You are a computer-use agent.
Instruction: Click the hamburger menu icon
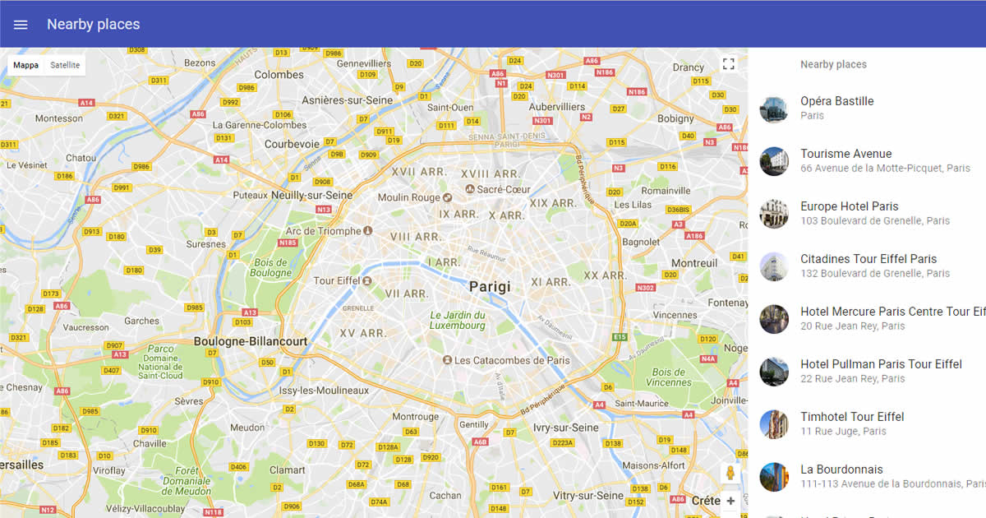click(21, 25)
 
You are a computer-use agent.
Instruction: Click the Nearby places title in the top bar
click(93, 25)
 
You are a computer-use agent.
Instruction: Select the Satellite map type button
click(65, 65)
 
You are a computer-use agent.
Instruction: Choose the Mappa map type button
click(25, 65)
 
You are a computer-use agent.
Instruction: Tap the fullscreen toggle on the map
click(728, 64)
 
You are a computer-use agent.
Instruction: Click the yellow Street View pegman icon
click(729, 474)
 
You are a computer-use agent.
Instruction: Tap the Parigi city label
click(490, 287)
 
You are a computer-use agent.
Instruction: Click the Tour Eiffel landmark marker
click(367, 281)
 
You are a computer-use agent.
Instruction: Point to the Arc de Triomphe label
click(323, 231)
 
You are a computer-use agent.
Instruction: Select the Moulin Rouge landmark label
click(409, 197)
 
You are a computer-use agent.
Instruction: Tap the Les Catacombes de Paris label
click(511, 360)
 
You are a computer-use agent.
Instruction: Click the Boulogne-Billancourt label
click(251, 341)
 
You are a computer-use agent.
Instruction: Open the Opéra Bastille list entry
click(836, 101)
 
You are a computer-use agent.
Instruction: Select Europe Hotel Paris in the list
click(849, 206)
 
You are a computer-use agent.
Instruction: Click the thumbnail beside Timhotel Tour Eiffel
click(774, 424)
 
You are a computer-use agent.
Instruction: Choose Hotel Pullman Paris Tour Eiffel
click(881, 364)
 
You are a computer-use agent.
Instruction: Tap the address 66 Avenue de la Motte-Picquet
click(885, 169)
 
